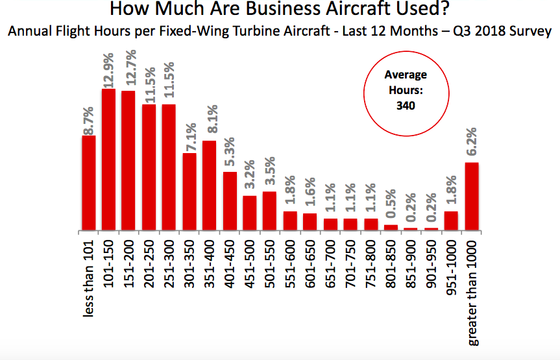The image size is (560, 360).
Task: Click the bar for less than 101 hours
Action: (x=89, y=183)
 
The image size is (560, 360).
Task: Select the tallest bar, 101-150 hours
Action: (x=109, y=160)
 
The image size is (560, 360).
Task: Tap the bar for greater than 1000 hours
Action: (x=472, y=197)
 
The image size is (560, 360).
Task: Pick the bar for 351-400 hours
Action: (x=210, y=186)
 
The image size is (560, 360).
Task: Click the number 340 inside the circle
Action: (x=406, y=105)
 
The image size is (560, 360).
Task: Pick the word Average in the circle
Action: (x=406, y=75)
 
